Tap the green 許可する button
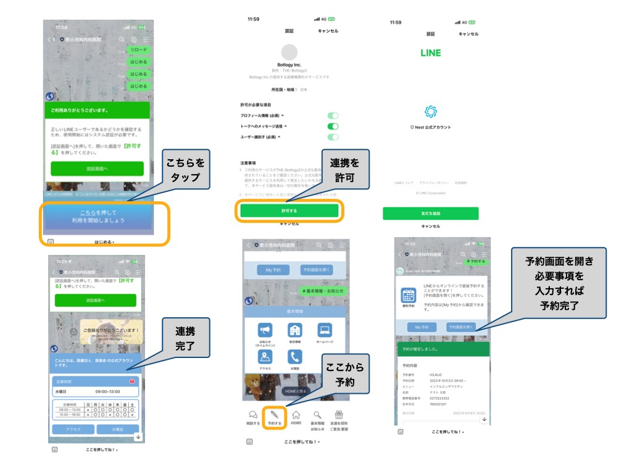pos(289,210)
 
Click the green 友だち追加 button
pos(430,214)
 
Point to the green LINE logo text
pos(430,53)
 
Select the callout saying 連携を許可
pos(344,170)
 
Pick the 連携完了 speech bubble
pos(185,339)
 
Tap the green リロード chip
pos(138,49)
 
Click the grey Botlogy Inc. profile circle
pos(289,52)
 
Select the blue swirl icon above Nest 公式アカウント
pos(431,112)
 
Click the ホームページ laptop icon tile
pos(325,332)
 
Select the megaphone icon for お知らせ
pos(265,332)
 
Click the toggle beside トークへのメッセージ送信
pos(333,126)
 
